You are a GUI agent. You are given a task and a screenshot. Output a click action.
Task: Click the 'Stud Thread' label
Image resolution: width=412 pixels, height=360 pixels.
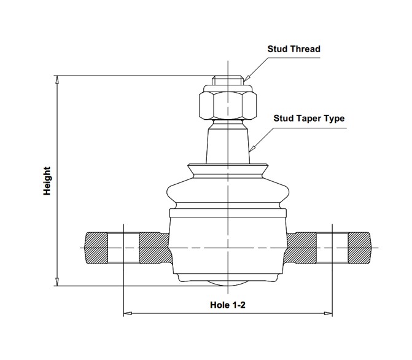[293, 49]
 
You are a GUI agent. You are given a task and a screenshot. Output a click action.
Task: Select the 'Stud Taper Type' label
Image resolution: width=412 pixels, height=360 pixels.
[309, 119]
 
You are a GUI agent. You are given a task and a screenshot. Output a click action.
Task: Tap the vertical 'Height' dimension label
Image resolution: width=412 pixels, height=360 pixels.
[47, 181]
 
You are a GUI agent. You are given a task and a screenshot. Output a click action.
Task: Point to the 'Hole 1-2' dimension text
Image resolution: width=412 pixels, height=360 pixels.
[228, 305]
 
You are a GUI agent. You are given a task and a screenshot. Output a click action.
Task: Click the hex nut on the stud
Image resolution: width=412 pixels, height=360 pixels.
[228, 106]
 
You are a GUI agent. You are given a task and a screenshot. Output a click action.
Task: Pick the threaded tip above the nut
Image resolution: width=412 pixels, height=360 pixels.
[228, 80]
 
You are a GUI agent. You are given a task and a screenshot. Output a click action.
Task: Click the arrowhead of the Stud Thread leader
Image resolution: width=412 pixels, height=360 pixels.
[246, 78]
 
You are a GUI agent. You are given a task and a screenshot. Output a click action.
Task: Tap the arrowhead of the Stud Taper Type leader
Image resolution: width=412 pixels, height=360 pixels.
[252, 149]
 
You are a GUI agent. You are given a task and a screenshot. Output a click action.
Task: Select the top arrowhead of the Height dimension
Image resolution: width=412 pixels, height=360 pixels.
[57, 80]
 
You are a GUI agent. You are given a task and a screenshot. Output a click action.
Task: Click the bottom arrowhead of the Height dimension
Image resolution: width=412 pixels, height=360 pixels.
[57, 281]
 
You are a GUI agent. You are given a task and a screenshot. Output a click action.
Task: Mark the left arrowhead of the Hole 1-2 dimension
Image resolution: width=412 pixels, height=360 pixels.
[128, 313]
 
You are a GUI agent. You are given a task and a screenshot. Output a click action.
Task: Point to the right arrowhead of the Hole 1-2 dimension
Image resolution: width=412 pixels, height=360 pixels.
[328, 313]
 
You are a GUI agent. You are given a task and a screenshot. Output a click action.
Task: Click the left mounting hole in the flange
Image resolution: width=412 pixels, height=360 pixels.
[123, 248]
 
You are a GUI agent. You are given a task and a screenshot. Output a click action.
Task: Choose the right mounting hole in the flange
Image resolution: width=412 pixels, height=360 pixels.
[332, 248]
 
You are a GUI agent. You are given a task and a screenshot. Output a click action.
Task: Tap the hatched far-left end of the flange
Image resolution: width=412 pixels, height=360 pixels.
[96, 248]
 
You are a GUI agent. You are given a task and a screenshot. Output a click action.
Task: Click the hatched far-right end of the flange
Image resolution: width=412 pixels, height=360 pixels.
[360, 248]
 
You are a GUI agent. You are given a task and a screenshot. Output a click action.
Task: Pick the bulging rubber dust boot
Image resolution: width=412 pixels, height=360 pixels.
[228, 187]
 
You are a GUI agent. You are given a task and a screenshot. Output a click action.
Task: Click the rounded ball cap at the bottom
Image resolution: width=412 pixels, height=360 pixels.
[228, 283]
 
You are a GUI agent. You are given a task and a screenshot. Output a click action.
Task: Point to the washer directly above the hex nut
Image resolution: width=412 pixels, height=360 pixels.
[228, 88]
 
